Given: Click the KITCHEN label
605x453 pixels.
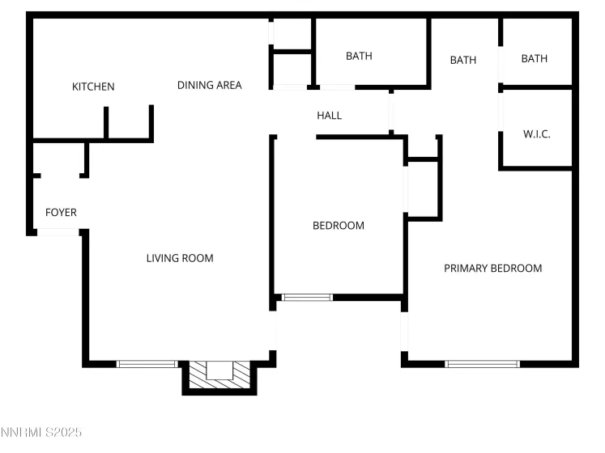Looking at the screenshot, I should pyautogui.click(x=93, y=87).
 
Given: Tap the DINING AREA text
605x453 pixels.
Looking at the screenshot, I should pyautogui.click(x=209, y=85).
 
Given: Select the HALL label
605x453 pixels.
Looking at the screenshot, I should pyautogui.click(x=329, y=116).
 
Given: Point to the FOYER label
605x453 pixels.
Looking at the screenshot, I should pyautogui.click(x=61, y=213).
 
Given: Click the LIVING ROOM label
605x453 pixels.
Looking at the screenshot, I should pyautogui.click(x=180, y=259).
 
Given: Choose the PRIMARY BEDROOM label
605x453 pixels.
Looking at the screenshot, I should pyautogui.click(x=492, y=269).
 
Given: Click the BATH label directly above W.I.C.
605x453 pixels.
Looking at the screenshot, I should pyautogui.click(x=535, y=58).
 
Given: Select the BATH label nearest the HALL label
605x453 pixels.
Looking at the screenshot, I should pyautogui.click(x=359, y=56).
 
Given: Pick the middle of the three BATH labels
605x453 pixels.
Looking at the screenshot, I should pyautogui.click(x=463, y=60).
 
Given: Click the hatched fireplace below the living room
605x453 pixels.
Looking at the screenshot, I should pyautogui.click(x=219, y=374).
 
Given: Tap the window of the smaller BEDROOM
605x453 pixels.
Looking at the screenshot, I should pyautogui.click(x=307, y=298).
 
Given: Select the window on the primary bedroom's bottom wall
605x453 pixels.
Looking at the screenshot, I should pyautogui.click(x=483, y=364).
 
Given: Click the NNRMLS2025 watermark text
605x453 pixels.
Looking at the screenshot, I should pyautogui.click(x=41, y=433).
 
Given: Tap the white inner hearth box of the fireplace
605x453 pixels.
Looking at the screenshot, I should pyautogui.click(x=219, y=370).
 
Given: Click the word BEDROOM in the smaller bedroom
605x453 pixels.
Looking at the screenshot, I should pyautogui.click(x=339, y=226).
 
